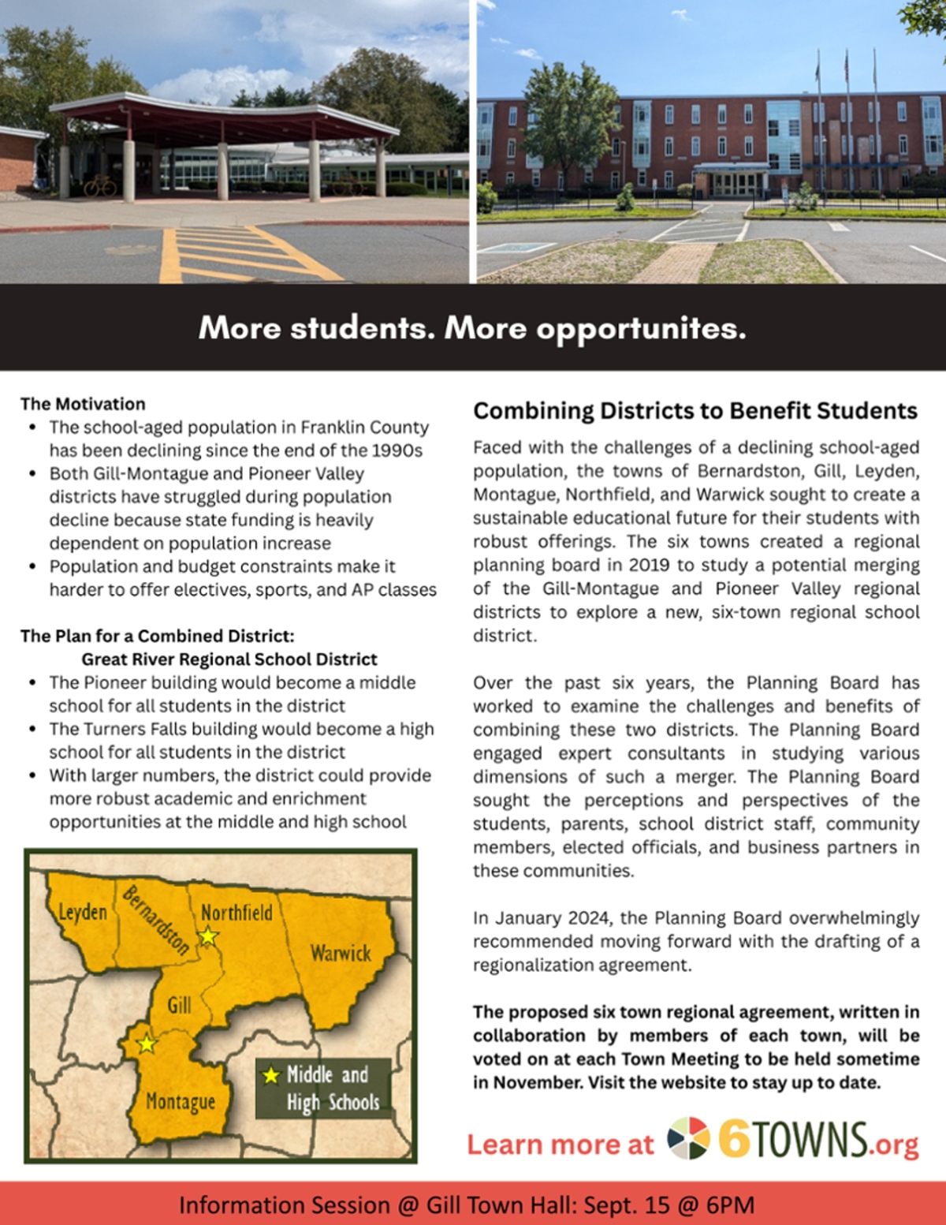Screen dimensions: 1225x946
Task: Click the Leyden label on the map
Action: [83, 912]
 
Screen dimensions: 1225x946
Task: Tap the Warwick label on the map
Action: [341, 953]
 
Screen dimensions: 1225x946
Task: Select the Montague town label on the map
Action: [180, 1101]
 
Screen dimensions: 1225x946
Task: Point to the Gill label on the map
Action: [179, 1005]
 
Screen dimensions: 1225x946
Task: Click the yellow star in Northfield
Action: [208, 936]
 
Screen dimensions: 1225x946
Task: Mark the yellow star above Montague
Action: [147, 1044]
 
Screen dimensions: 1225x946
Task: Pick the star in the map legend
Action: [271, 1075]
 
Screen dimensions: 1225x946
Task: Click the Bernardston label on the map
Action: [156, 920]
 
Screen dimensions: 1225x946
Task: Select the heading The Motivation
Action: [83, 404]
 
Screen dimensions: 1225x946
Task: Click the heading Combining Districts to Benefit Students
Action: [695, 411]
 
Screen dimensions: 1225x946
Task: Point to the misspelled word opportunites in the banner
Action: [641, 328]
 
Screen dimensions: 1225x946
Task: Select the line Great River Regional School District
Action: [229, 659]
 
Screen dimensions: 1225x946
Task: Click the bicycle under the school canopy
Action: [100, 186]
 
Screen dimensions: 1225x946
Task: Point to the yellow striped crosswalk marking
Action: [236, 254]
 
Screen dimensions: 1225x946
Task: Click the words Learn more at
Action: [560, 1145]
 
